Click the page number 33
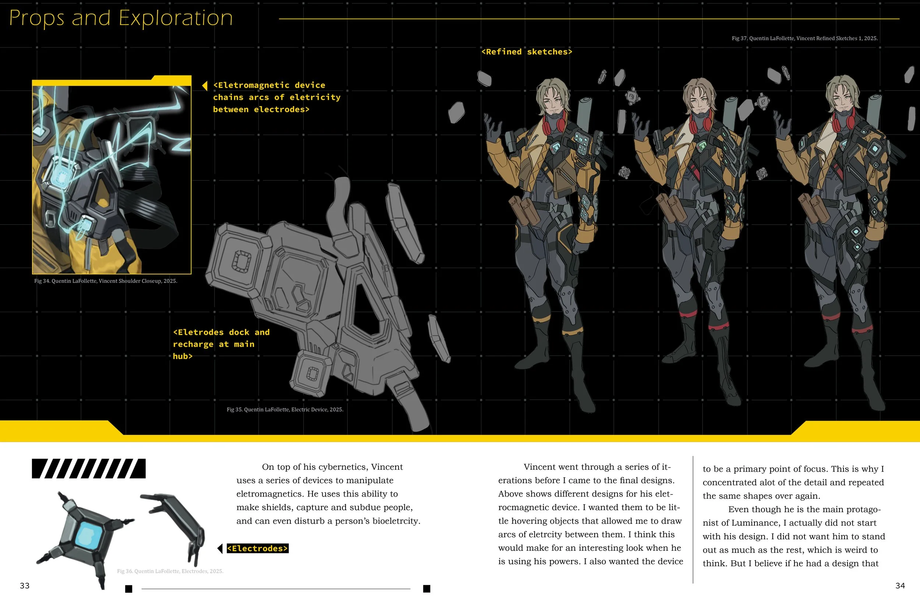point(25,585)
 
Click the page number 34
point(900,585)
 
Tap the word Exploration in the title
point(176,18)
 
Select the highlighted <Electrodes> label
point(257,548)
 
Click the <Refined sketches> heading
point(527,52)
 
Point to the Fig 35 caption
point(285,410)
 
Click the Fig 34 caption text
point(106,281)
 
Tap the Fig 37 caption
point(804,38)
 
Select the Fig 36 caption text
point(170,571)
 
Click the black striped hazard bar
point(89,469)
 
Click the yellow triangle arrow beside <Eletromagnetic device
point(205,85)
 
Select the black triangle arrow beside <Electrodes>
point(220,548)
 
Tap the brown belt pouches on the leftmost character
point(523,210)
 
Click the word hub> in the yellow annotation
point(183,356)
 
